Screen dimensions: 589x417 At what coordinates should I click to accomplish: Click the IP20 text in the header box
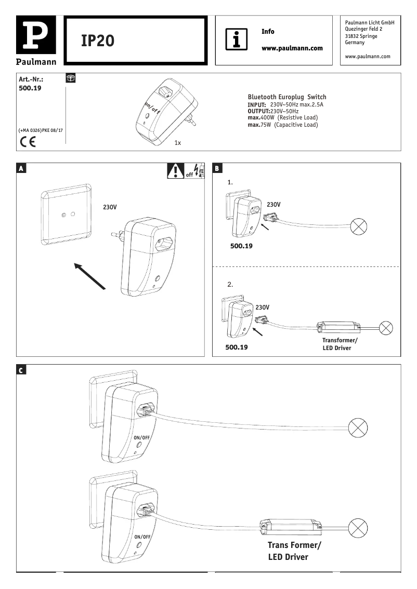[97, 41]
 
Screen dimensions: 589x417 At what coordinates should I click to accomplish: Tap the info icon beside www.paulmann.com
[236, 39]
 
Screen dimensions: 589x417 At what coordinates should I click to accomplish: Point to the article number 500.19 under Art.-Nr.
[30, 88]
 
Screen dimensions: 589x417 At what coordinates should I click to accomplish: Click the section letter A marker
[21, 168]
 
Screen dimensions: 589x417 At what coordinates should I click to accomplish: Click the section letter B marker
[217, 168]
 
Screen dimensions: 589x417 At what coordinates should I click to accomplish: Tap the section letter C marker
[21, 370]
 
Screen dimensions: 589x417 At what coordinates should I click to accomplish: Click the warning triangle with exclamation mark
[176, 170]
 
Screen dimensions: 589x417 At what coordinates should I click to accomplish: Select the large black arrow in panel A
[89, 275]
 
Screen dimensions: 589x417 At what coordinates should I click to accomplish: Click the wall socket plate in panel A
[66, 214]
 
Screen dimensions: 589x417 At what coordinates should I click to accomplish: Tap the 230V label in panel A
[110, 207]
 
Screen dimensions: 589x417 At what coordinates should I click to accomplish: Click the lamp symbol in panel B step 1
[360, 226]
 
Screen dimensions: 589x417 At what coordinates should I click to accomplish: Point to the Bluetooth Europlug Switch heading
[287, 97]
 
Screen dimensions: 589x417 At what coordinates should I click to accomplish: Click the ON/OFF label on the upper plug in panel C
[142, 438]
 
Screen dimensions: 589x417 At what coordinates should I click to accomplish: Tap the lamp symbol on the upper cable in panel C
[357, 427]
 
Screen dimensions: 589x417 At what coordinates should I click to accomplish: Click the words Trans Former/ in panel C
[294, 545]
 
